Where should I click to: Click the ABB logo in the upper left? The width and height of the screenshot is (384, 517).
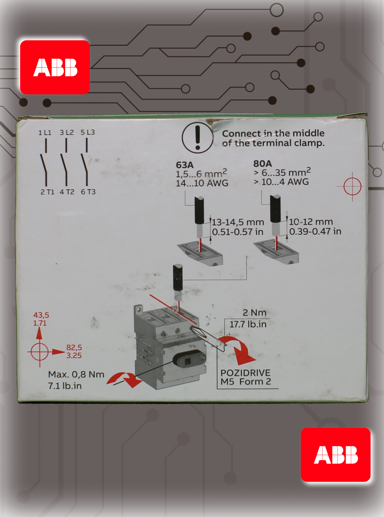click(x=55, y=67)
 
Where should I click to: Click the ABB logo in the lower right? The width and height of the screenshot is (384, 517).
click(x=336, y=455)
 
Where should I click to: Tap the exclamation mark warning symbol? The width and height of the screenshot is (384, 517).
click(x=197, y=138)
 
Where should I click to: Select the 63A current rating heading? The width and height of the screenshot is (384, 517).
click(x=185, y=165)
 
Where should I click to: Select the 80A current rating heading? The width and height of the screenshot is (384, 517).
click(x=262, y=164)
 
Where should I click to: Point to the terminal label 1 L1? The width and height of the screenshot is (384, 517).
click(x=45, y=132)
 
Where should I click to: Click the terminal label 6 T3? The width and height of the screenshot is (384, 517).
click(x=88, y=192)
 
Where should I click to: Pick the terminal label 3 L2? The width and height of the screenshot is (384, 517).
click(x=67, y=132)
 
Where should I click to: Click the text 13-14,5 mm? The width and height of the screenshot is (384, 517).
click(x=238, y=222)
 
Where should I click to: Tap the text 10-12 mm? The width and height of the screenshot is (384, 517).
click(x=311, y=222)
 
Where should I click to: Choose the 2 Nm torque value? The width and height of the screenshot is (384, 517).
click(x=254, y=313)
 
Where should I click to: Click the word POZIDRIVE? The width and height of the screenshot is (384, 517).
click(x=245, y=373)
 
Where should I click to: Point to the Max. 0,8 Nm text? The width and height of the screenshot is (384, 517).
click(x=76, y=374)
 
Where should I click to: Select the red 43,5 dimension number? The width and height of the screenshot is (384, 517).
click(x=41, y=315)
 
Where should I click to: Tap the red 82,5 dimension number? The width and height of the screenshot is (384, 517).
click(x=74, y=347)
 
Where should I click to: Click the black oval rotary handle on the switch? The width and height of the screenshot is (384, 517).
click(x=189, y=359)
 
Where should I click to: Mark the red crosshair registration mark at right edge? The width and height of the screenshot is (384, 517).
click(x=352, y=187)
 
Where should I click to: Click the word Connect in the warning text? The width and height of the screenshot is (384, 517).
click(x=242, y=133)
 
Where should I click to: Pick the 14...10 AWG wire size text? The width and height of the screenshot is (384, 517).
click(x=202, y=183)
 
